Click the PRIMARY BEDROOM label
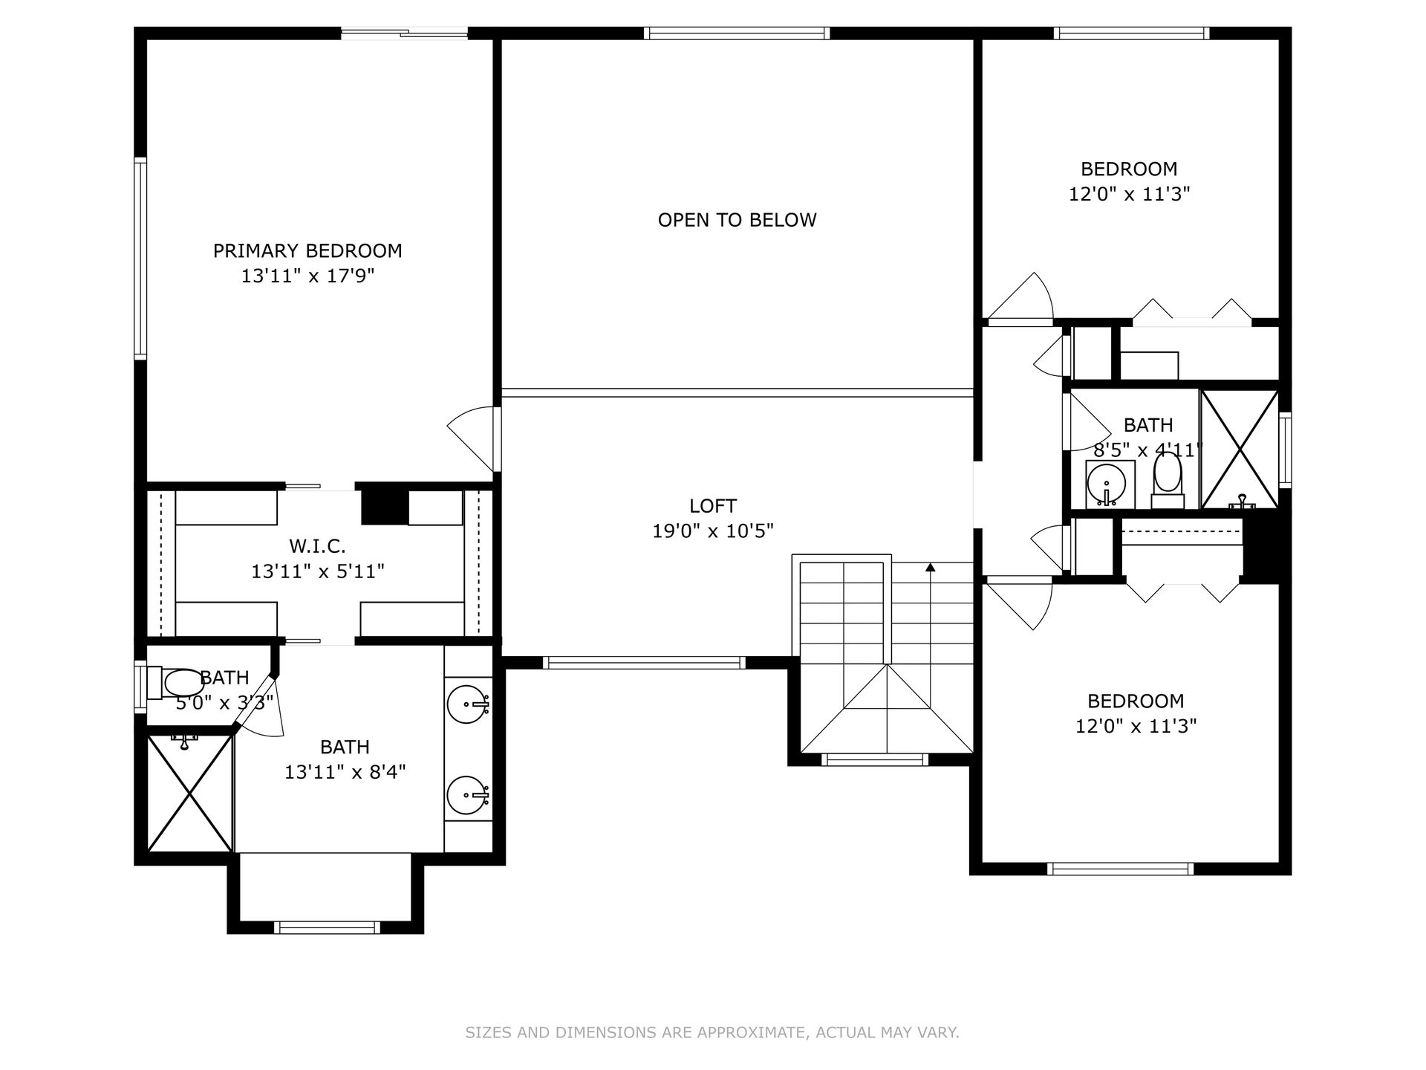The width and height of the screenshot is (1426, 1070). click(307, 251)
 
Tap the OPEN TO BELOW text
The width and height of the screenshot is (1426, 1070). click(737, 220)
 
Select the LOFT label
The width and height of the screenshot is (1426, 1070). click(713, 506)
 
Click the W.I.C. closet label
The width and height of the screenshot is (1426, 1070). click(317, 546)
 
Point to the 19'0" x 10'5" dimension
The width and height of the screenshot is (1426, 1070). click(713, 531)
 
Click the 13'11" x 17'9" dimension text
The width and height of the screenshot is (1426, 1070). click(307, 276)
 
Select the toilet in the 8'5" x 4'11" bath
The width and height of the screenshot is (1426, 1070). click(1168, 479)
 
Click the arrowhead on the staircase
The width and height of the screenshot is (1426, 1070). click(930, 568)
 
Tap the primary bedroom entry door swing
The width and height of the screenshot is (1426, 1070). click(470, 438)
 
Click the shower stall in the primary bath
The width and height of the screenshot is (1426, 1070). click(190, 792)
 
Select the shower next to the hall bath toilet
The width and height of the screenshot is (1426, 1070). click(1240, 450)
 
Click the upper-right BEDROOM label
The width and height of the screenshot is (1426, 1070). click(1129, 169)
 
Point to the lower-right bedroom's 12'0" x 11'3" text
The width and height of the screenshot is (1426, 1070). click(1136, 726)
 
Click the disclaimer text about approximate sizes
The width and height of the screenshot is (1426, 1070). click(712, 1032)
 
